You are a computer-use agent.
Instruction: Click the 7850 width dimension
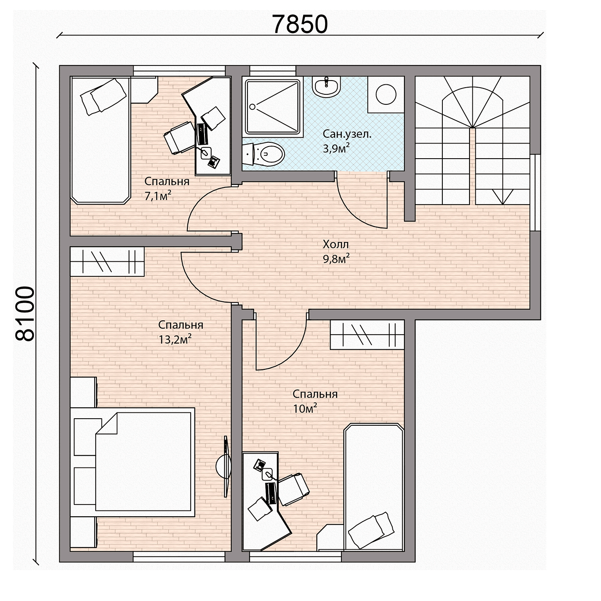pos(300,24)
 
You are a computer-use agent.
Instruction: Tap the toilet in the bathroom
pos(263,154)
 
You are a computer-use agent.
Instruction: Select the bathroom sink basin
pos(326,87)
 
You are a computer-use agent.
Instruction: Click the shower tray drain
pos(253,107)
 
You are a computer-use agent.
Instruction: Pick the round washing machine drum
pos(386,94)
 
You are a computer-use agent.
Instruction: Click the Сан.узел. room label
pos(347,134)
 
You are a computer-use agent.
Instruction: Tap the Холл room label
pos(336,244)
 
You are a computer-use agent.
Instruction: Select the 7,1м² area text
pos(158,196)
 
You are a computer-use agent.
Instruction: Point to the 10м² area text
pos(305,408)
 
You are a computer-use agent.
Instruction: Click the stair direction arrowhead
pos(503,197)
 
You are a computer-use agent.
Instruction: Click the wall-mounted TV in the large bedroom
pos(227,466)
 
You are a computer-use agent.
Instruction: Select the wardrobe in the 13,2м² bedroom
pos(107,261)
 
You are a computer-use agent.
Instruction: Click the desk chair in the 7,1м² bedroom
pos(179,138)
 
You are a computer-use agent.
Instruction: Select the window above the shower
pos(273,71)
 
